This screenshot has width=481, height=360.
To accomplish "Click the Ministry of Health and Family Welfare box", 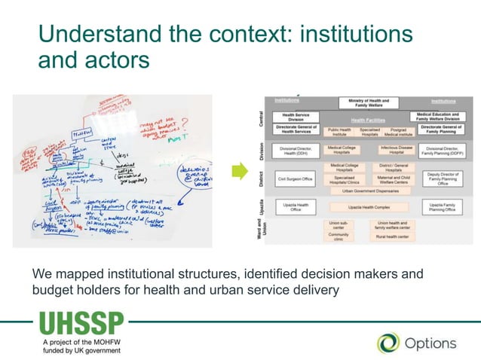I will (x=369, y=103).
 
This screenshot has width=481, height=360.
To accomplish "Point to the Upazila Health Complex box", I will (x=369, y=206).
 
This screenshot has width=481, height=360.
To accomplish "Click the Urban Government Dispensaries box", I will (x=369, y=191).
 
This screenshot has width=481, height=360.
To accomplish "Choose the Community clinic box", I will (x=339, y=236).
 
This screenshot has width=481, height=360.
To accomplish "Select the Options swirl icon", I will (x=388, y=343).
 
